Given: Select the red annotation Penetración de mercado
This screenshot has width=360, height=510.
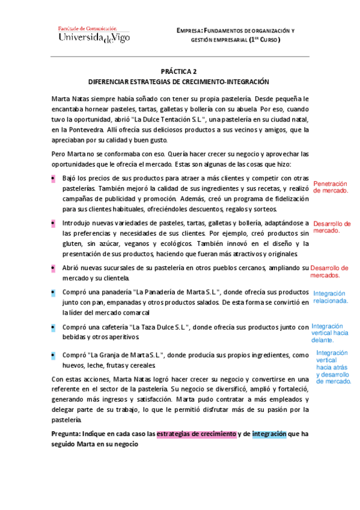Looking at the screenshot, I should pyautogui.click(x=331, y=186).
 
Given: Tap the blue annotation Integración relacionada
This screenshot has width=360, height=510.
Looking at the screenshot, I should pyautogui.click(x=330, y=296).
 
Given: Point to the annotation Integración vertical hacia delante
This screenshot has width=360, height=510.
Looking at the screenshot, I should pyautogui.click(x=329, y=333).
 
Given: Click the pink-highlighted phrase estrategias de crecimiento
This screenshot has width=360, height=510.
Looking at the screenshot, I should pyautogui.click(x=196, y=433).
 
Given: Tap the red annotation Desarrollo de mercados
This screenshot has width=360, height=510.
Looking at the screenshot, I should pyautogui.click(x=330, y=271).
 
